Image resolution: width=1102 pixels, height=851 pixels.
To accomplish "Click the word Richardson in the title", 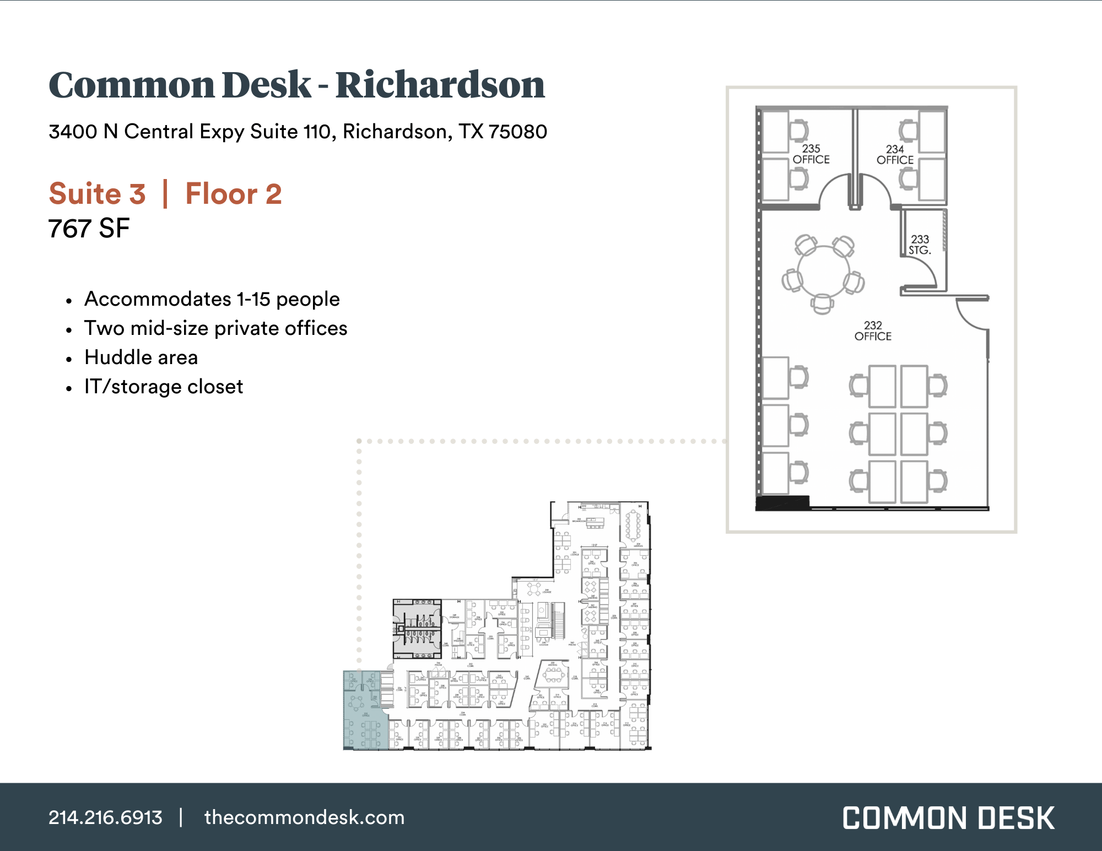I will (440, 85).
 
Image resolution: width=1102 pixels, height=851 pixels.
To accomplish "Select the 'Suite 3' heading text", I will (98, 194).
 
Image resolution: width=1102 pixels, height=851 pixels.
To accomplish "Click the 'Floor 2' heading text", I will (234, 194).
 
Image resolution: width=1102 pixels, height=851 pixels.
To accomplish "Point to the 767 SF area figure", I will (89, 229).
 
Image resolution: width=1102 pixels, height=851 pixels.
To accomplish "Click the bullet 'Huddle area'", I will (141, 357).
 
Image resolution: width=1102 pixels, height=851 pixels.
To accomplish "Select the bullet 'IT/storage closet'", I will (164, 387).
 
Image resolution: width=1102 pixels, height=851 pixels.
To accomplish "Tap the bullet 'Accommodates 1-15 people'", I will (212, 299).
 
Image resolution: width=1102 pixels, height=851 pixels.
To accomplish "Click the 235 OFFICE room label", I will (811, 154).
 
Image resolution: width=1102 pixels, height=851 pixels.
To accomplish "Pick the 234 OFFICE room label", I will (895, 155).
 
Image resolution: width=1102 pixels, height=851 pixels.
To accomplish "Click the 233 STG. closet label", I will (920, 245).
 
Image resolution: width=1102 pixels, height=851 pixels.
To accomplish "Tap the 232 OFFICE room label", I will (873, 331).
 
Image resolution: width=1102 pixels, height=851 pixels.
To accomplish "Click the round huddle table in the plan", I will (823, 272).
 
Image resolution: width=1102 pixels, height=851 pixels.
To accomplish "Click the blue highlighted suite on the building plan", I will (361, 711).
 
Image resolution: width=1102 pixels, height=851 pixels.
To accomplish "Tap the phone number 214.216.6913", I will (105, 817).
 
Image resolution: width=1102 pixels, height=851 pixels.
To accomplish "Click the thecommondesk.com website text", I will (304, 817).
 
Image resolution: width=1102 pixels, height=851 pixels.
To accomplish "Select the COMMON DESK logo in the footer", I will (948, 818).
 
